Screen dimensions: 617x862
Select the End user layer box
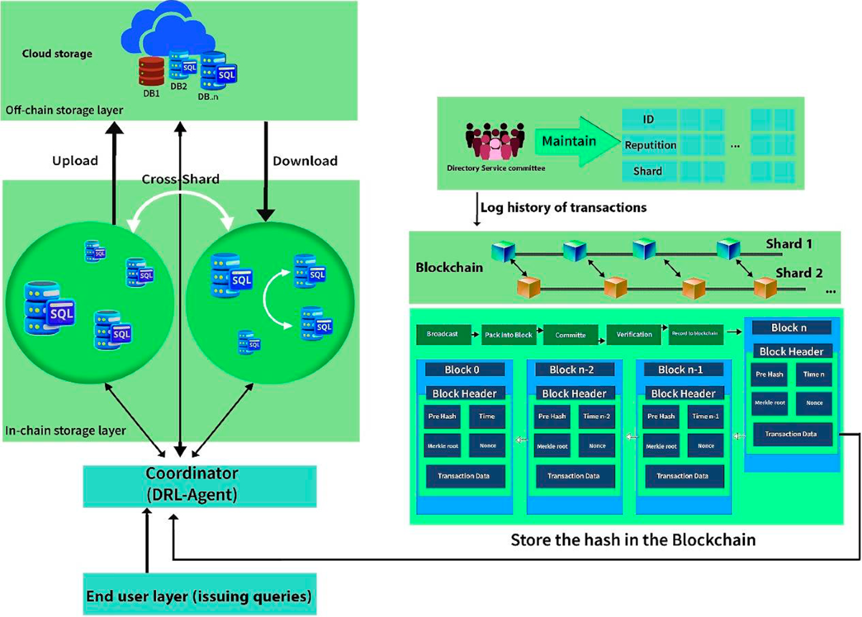(198, 596)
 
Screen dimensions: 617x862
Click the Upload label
(75, 161)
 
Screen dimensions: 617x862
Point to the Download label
(305, 161)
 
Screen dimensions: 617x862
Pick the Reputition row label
(649, 145)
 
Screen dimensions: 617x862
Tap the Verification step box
(634, 335)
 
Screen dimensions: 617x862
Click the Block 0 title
(465, 370)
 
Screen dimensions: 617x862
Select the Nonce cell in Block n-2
(596, 446)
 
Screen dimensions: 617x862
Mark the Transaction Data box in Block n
(792, 434)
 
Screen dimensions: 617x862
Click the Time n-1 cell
(706, 416)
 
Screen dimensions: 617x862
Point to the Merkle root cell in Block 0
(442, 446)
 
